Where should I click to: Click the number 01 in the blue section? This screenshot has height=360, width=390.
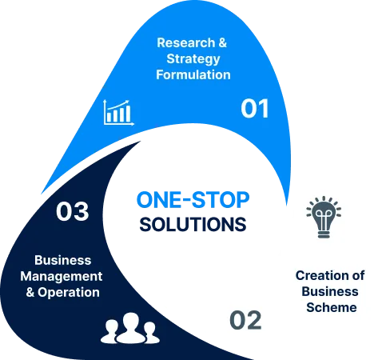pos(254,108)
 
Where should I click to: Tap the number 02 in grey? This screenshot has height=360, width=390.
pos(245,320)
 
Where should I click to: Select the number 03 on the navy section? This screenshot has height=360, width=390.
pos(72,211)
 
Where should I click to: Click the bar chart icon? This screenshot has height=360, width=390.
pos(118,112)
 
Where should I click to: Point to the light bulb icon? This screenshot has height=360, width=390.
pos(324,217)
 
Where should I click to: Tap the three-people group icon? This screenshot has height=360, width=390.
pos(130,328)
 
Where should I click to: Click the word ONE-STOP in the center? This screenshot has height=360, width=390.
pos(193,200)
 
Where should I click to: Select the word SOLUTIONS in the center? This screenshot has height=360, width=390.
pos(193,224)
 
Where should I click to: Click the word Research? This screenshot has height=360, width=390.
pos(186,42)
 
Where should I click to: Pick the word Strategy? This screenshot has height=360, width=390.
pos(193,59)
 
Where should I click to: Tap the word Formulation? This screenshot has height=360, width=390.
pos(193,74)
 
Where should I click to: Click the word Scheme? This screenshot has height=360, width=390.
pos(332,307)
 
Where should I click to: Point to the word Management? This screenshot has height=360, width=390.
pos(62,277)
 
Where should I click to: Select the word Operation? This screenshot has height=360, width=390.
pos(69,293)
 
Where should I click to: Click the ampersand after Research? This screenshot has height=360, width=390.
pos(223,42)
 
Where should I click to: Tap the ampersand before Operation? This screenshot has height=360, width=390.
pos(30,292)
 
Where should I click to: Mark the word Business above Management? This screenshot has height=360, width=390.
pos(63,260)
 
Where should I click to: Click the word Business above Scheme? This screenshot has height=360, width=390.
pos(330,291)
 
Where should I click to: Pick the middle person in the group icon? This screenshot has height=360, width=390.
pos(131,327)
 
